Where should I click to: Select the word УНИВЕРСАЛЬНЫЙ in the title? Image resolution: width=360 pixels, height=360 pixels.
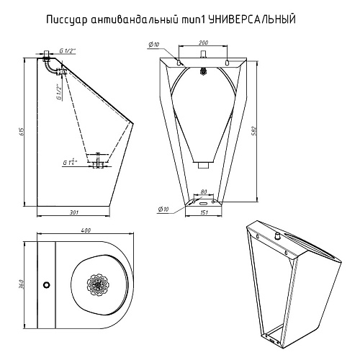[x=251, y=19]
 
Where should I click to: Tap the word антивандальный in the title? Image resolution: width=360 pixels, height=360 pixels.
[x=135, y=19]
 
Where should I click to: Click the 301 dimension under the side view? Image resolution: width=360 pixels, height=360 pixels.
[x=74, y=212]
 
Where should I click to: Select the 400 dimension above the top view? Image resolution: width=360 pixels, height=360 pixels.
[x=86, y=230]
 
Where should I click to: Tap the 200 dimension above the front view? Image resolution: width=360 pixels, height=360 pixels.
[x=203, y=42]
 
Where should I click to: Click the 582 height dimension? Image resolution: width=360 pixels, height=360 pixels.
[x=255, y=131]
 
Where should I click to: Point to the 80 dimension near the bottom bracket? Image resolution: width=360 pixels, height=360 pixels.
[x=203, y=192]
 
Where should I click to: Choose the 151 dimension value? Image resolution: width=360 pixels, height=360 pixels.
[x=204, y=212]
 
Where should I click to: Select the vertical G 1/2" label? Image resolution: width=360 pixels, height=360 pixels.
[x=58, y=92]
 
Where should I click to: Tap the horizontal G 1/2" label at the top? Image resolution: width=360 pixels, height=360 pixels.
[x=68, y=50]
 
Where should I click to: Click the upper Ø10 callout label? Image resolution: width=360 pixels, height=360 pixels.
[x=154, y=45]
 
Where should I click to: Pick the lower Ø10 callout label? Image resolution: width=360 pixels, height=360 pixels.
[x=163, y=210]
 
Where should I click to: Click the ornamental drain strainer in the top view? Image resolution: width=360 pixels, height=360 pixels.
[x=98, y=284]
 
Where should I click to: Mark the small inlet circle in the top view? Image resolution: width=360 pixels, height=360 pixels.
[x=47, y=284]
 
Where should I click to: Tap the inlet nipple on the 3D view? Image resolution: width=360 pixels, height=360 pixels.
[x=278, y=236]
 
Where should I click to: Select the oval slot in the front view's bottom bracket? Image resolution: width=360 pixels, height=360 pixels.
[x=204, y=203]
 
